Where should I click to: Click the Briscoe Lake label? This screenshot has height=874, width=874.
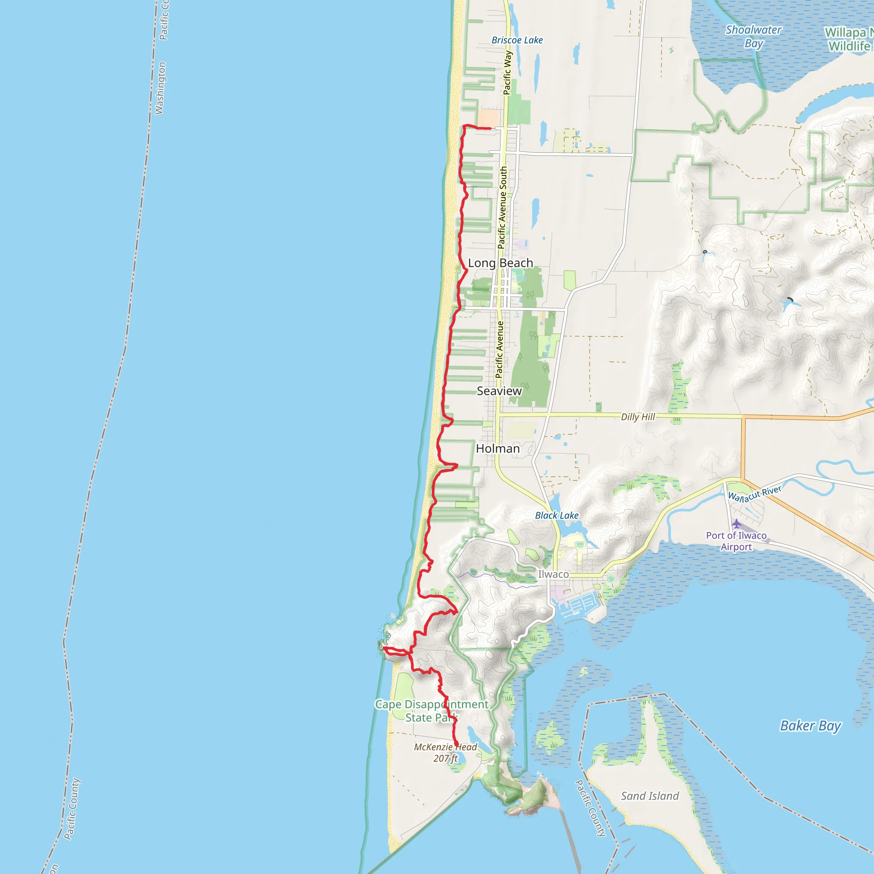(x=517, y=40)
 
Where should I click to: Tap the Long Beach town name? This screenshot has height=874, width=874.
(x=500, y=263)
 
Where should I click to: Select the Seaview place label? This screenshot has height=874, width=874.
(x=499, y=391)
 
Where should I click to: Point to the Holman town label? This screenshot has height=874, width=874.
(x=498, y=449)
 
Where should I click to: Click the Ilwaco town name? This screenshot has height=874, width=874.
(x=553, y=574)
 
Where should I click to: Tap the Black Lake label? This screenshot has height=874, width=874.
(x=556, y=515)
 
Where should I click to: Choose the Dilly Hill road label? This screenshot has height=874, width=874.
(x=638, y=417)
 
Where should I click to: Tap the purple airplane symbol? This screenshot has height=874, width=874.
(x=737, y=524)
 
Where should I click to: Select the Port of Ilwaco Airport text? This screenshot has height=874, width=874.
(x=736, y=541)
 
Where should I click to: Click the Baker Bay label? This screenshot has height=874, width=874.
(x=810, y=726)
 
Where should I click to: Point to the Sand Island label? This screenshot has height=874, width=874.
(x=650, y=796)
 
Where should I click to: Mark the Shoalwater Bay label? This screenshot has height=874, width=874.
(x=754, y=37)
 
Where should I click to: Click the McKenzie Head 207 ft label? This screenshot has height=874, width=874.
(x=446, y=753)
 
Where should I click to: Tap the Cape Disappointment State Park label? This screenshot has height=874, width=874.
(x=431, y=711)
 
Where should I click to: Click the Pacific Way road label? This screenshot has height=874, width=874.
(x=507, y=73)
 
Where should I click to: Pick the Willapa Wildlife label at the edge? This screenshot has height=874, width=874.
(x=849, y=39)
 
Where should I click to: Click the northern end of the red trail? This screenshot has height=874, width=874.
(x=490, y=128)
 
